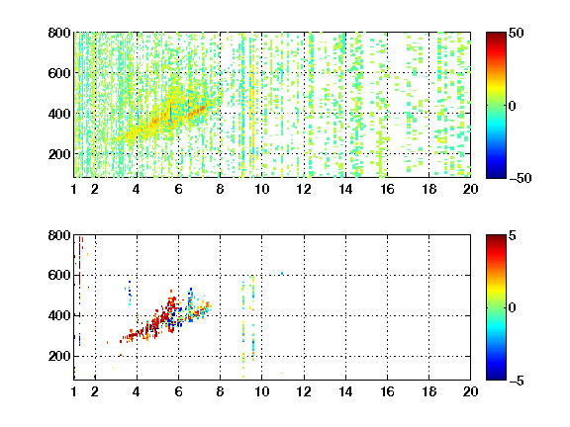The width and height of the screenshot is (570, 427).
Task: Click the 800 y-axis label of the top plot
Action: point(59,33)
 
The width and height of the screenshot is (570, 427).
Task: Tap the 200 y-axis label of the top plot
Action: point(59,154)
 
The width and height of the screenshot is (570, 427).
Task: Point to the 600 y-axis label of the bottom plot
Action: point(59,275)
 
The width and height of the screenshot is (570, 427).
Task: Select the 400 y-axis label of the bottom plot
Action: point(59,315)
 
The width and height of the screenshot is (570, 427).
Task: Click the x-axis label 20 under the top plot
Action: point(470,189)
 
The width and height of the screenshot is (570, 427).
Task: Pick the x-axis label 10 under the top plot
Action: point(261,189)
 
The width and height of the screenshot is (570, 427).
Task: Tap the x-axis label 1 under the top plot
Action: point(74,189)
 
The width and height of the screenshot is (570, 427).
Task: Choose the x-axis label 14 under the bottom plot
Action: point(345,391)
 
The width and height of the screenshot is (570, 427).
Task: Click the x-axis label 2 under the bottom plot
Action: point(95,391)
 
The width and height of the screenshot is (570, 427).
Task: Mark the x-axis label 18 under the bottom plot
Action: point(428,391)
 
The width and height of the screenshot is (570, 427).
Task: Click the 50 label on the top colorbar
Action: point(517,33)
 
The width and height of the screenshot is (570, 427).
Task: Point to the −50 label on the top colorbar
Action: point(521,178)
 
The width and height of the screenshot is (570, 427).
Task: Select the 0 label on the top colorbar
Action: point(513,106)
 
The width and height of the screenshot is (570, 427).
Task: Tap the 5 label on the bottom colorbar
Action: point(513,235)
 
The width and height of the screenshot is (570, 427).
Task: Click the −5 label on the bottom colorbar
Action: point(517,381)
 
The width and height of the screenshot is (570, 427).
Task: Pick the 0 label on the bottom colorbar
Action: point(513,308)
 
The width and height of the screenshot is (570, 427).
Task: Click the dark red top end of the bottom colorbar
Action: point(496,238)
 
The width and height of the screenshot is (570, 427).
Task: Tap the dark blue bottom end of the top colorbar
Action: point(496,175)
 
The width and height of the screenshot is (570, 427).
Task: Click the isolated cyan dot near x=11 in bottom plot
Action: point(282,273)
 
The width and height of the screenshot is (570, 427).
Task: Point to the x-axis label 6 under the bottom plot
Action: point(178,391)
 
